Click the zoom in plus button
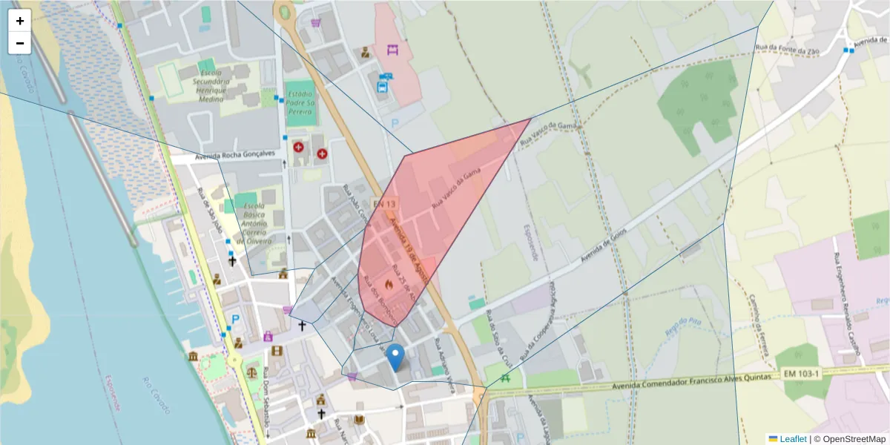click(x=20, y=21)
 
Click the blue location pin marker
click(x=396, y=357)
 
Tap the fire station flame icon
click(x=388, y=282)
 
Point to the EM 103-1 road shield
click(x=802, y=375)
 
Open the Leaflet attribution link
click(x=788, y=438)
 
